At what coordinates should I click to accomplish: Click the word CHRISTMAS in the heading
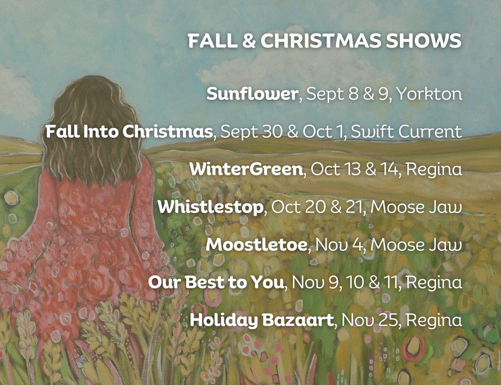point(320,41)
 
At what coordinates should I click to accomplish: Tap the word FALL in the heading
point(212,41)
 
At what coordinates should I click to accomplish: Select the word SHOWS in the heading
point(424,41)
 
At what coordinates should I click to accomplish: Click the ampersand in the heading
point(249,41)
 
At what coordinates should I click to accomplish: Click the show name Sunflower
point(252,93)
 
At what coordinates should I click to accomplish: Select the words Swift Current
point(407,131)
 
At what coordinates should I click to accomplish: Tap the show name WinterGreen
point(246,169)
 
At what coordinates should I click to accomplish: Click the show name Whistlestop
point(210,207)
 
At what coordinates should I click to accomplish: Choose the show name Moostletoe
point(256,245)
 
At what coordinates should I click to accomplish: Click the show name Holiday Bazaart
point(262,320)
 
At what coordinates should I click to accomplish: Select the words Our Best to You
point(216,282)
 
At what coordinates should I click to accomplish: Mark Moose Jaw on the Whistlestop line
point(416,207)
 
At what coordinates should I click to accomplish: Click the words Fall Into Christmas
point(129,131)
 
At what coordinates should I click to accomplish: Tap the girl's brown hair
point(91,128)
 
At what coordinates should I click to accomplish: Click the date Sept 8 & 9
point(348,93)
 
